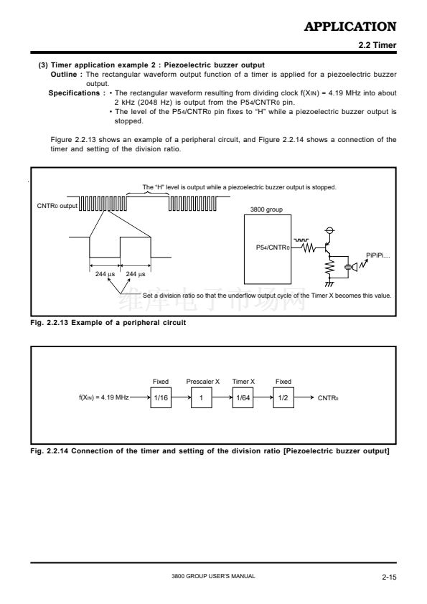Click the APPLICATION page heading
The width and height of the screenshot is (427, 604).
(350, 27)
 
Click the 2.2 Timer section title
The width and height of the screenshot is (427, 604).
(377, 45)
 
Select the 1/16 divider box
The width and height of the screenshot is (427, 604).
(161, 397)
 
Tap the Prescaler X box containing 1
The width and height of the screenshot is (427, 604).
(201, 397)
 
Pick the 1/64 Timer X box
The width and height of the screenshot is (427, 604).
(243, 397)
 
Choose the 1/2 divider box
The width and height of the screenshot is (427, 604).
(283, 397)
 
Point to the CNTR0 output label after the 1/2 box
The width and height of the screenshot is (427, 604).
(328, 398)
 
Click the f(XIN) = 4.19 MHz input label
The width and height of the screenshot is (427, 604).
(103, 397)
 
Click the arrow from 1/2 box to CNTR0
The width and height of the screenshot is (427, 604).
(304, 397)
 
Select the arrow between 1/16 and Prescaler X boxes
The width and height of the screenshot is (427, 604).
(181, 397)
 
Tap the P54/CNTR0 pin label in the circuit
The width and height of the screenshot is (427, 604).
(273, 247)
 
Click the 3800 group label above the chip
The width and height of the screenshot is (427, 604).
(266, 209)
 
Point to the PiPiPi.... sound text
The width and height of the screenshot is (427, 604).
(377, 255)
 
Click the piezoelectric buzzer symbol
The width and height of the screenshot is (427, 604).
(351, 267)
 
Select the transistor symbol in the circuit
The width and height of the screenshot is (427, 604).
(327, 247)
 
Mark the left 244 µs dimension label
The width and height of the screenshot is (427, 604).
(105, 274)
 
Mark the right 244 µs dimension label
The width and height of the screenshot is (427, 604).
(135, 274)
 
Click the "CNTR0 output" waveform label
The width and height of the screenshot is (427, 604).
(57, 206)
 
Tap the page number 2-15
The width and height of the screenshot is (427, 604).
(389, 577)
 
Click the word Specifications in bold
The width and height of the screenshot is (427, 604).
(74, 93)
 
